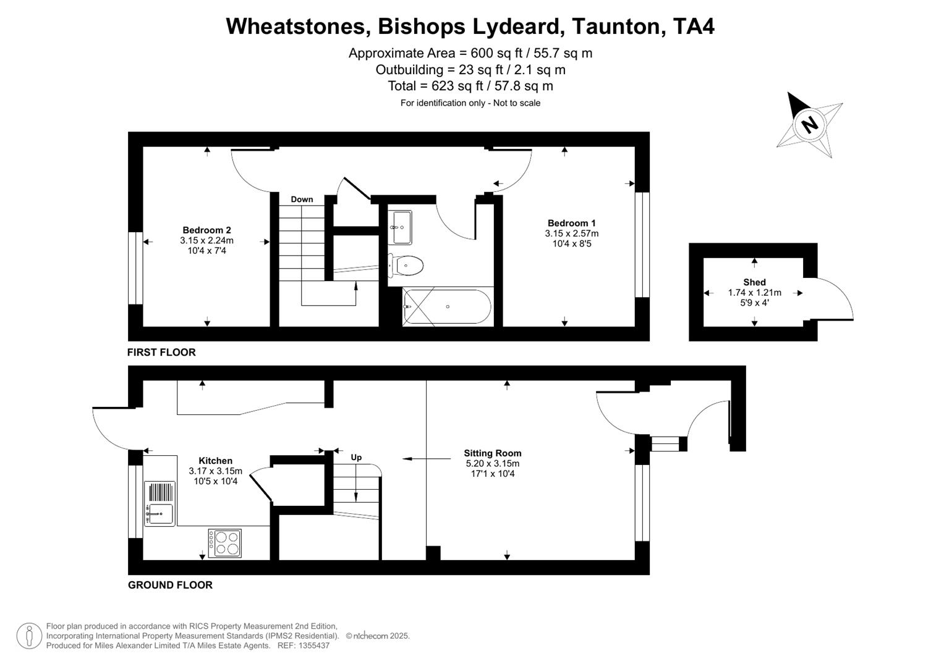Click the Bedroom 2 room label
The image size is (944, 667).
[x=206, y=230]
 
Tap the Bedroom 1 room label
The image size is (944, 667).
[x=571, y=223]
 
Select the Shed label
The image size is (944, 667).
[x=754, y=282]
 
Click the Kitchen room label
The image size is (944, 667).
[x=215, y=461]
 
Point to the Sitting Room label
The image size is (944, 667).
[x=492, y=453]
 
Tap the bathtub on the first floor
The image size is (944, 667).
[x=447, y=306]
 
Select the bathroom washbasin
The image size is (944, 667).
[x=401, y=227]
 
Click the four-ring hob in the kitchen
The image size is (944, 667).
[x=224, y=543]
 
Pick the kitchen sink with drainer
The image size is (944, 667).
[x=159, y=503]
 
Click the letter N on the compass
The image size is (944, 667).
[x=809, y=125]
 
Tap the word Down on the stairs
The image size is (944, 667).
[x=302, y=199]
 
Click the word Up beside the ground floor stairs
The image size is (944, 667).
[x=356, y=458]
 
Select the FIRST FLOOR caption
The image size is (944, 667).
[x=161, y=352]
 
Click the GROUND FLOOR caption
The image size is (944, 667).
[x=170, y=585]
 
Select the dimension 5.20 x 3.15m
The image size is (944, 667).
[x=492, y=464]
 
